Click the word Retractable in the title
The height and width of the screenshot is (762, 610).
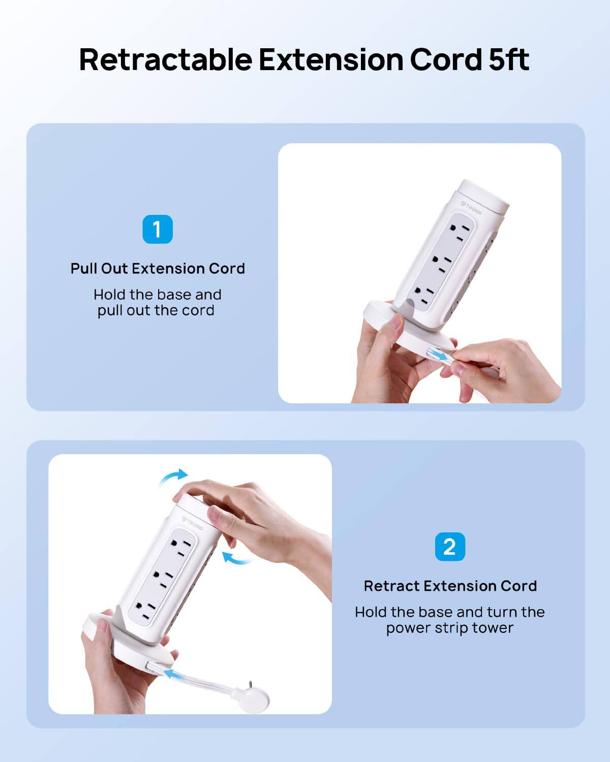165,59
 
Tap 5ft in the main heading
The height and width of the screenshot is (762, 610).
509,59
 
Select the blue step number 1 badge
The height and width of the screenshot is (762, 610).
158,229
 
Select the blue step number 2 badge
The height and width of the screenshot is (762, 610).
450,547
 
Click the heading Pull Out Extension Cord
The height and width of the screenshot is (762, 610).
158,268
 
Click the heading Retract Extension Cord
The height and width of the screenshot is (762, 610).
450,586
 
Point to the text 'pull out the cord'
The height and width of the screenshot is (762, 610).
156,310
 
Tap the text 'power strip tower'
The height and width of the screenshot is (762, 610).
449,628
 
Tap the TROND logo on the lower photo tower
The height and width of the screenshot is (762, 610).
193,523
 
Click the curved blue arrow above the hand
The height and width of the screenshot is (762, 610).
173,477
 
